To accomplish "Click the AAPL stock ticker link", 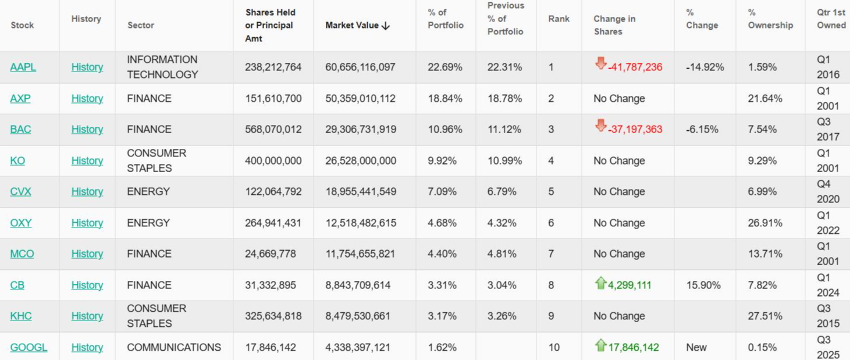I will [x=23, y=67].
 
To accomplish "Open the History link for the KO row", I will [x=87, y=161].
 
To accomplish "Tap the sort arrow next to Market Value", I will [x=385, y=26].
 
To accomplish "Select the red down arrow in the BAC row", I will [x=600, y=126].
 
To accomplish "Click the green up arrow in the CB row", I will [x=600, y=283].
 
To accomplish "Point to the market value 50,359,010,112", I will [x=360, y=98].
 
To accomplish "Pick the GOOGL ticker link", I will [x=29, y=347].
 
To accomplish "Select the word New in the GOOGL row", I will [x=696, y=347].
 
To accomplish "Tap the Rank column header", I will [x=559, y=19].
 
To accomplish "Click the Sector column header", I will [x=141, y=25].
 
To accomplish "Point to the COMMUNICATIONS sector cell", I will [x=174, y=347].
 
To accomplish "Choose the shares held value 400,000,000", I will [x=273, y=161].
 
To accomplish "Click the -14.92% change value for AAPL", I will [x=705, y=67].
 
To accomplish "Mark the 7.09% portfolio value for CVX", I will [x=442, y=191].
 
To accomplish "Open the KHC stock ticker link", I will [x=21, y=316].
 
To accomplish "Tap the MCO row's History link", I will [x=87, y=254].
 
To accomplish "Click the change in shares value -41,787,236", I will [x=635, y=67].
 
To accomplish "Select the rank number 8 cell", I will [x=551, y=285].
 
